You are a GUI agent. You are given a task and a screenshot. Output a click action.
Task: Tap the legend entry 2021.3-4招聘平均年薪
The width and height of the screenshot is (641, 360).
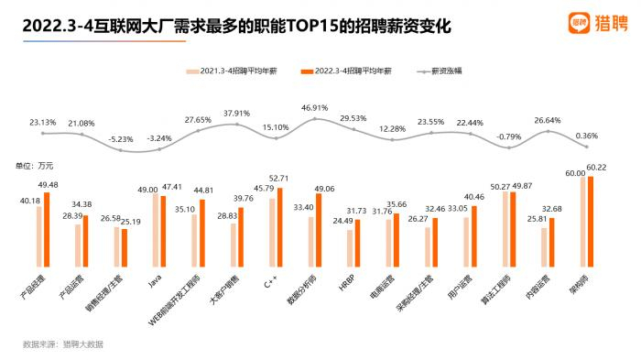(x=229, y=71)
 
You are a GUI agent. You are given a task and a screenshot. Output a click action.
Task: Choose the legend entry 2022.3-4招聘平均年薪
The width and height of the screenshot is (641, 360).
(x=350, y=71)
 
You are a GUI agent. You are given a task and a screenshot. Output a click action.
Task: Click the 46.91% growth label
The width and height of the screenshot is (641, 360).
(x=314, y=107)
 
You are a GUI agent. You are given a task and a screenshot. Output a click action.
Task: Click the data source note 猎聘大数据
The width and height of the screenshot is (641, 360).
(x=82, y=344)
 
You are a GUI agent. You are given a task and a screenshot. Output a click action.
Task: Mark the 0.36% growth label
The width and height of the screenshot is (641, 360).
(x=587, y=136)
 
